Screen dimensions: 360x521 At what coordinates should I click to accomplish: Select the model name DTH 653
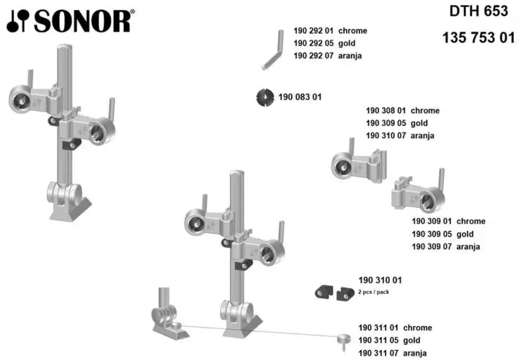point(478,12)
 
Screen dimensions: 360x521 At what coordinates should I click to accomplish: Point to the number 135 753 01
point(478,38)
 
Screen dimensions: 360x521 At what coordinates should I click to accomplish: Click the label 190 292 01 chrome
point(330,31)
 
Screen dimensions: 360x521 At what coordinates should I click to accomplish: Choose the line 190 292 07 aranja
point(330,55)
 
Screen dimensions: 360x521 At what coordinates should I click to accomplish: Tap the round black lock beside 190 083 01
point(266,97)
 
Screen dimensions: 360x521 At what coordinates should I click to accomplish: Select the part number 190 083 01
point(300,97)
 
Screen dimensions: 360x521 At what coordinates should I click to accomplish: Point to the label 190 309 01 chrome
point(448,222)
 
